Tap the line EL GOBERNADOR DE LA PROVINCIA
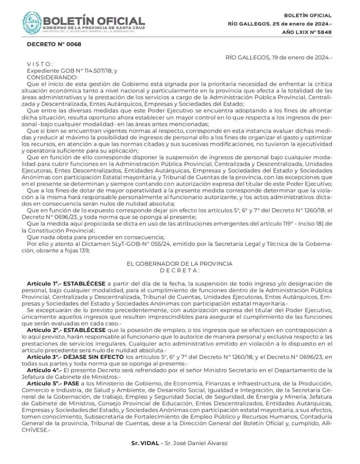coord(179,263)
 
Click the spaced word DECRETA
coord(179,270)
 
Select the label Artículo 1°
coord(43,283)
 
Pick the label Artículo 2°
coord(43,330)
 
